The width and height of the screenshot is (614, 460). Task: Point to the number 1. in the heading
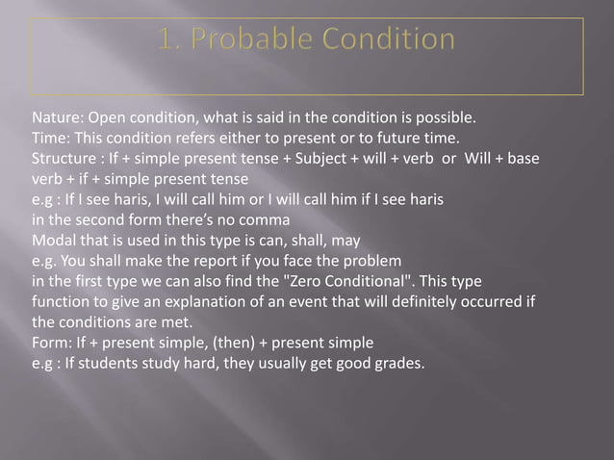click(171, 40)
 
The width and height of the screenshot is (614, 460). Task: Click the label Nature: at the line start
click(56, 120)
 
